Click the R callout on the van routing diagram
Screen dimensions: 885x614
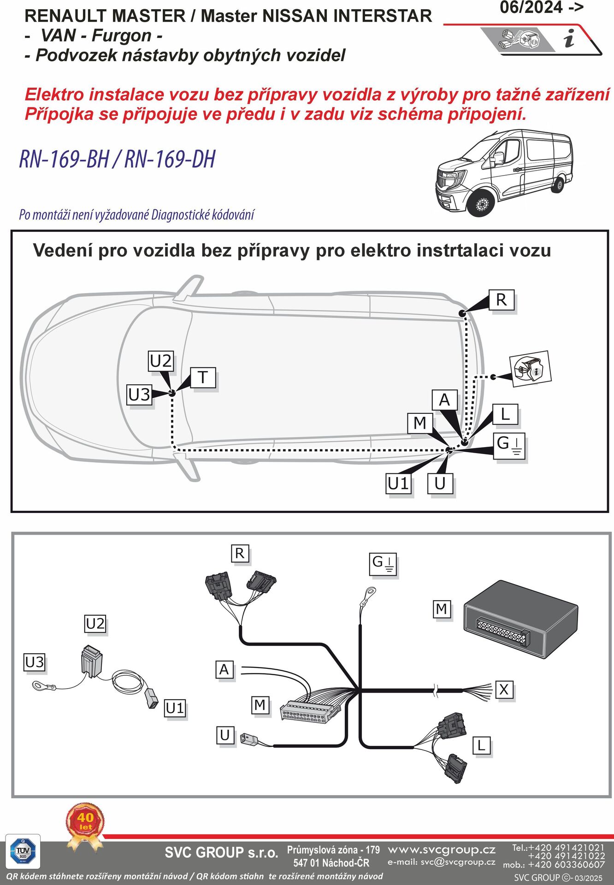pos(501,300)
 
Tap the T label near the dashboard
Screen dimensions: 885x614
pos(203,378)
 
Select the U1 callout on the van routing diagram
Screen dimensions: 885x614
pos(398,484)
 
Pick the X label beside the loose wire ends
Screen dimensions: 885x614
pos(504,690)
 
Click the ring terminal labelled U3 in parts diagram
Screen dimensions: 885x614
pos(39,686)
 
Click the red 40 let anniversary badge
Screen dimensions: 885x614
pos(85,821)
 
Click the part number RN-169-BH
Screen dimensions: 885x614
pos(64,159)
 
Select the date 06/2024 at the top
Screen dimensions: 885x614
pos(531,8)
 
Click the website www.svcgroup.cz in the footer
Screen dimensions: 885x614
pos(442,850)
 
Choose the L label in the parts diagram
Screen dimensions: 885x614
pos(481,745)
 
